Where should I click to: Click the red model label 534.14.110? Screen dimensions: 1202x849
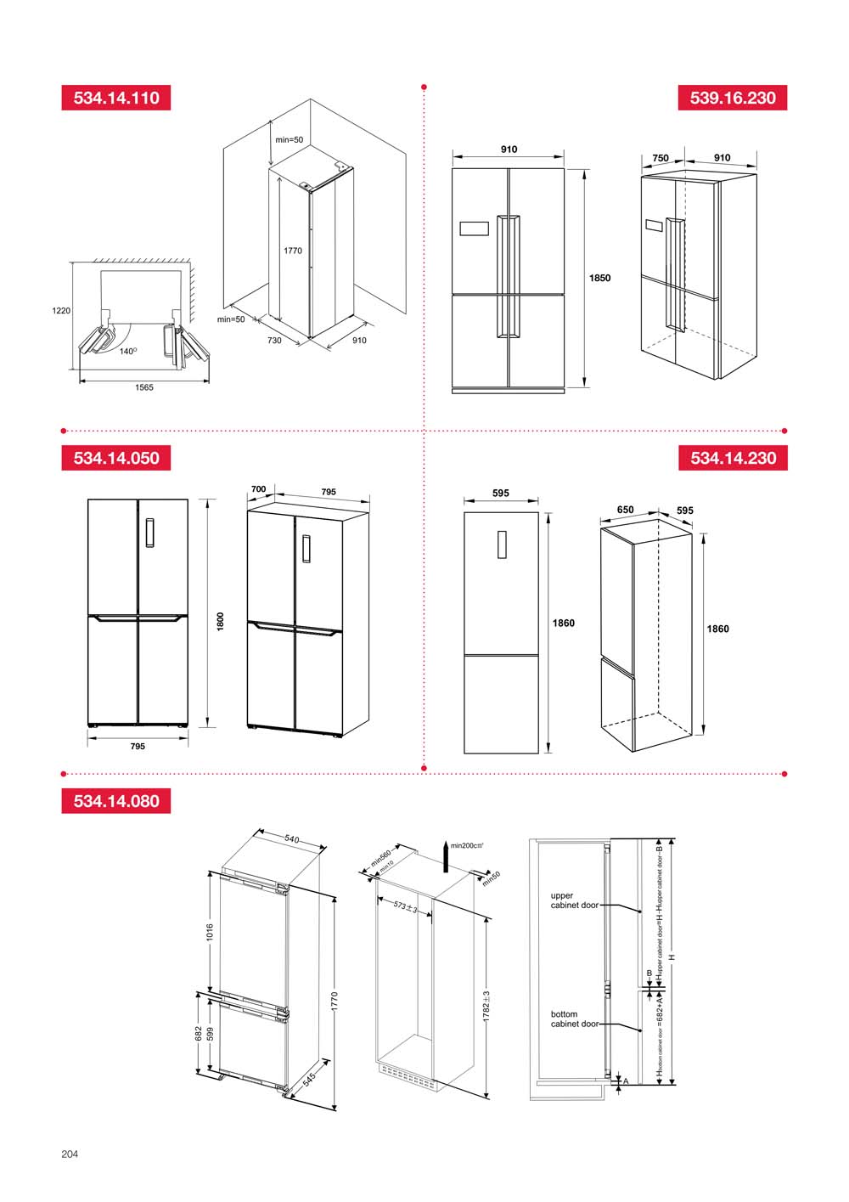pos(116,98)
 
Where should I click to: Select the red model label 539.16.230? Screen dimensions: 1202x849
pos(733,98)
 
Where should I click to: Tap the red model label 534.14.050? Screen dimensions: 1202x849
pos(116,458)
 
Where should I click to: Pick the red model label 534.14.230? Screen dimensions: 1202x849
pos(733,458)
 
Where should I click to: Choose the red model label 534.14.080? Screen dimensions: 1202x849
pos(116,801)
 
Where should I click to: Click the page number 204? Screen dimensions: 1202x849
pos(70,1154)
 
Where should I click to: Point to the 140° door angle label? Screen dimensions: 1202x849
pos(128,351)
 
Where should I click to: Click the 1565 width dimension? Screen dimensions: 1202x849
pos(144,388)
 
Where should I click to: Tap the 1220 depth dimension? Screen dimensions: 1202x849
pos(61,311)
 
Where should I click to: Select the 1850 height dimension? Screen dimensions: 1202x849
pos(599,278)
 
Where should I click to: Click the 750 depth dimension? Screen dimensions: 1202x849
pos(661,158)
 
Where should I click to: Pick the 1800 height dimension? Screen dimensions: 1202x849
pos(220,621)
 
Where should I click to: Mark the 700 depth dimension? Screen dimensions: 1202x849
pos(258,489)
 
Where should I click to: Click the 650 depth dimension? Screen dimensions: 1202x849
pos(625,511)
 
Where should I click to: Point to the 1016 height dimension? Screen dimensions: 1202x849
pos(210,932)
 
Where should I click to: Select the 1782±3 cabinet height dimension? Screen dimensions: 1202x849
pos(486,1006)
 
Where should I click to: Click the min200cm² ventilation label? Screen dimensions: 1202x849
pos(467,846)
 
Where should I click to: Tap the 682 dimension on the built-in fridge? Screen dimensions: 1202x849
pos(199,1033)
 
